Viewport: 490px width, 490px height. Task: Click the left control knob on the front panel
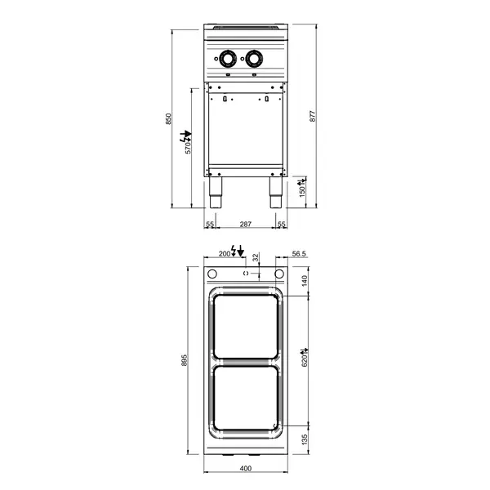point(228,59)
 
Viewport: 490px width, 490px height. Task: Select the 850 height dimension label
point(169,118)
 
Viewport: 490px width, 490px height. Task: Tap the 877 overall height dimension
point(311,116)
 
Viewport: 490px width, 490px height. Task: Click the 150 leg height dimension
point(301,189)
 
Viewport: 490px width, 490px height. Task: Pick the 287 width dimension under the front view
point(245,224)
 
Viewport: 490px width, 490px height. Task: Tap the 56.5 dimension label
point(298,254)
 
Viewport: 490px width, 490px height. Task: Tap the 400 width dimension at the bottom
point(245,468)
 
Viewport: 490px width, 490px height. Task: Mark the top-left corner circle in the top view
point(212,274)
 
